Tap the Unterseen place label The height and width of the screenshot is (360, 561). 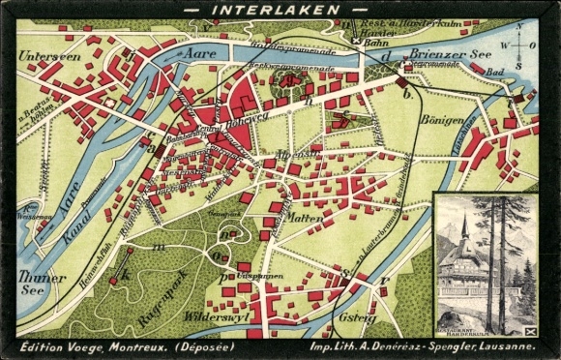coord(47,56)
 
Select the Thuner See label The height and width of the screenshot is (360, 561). coord(42,283)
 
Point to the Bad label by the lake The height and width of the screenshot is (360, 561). coord(496,73)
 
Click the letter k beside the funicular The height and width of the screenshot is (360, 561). coord(123,277)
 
